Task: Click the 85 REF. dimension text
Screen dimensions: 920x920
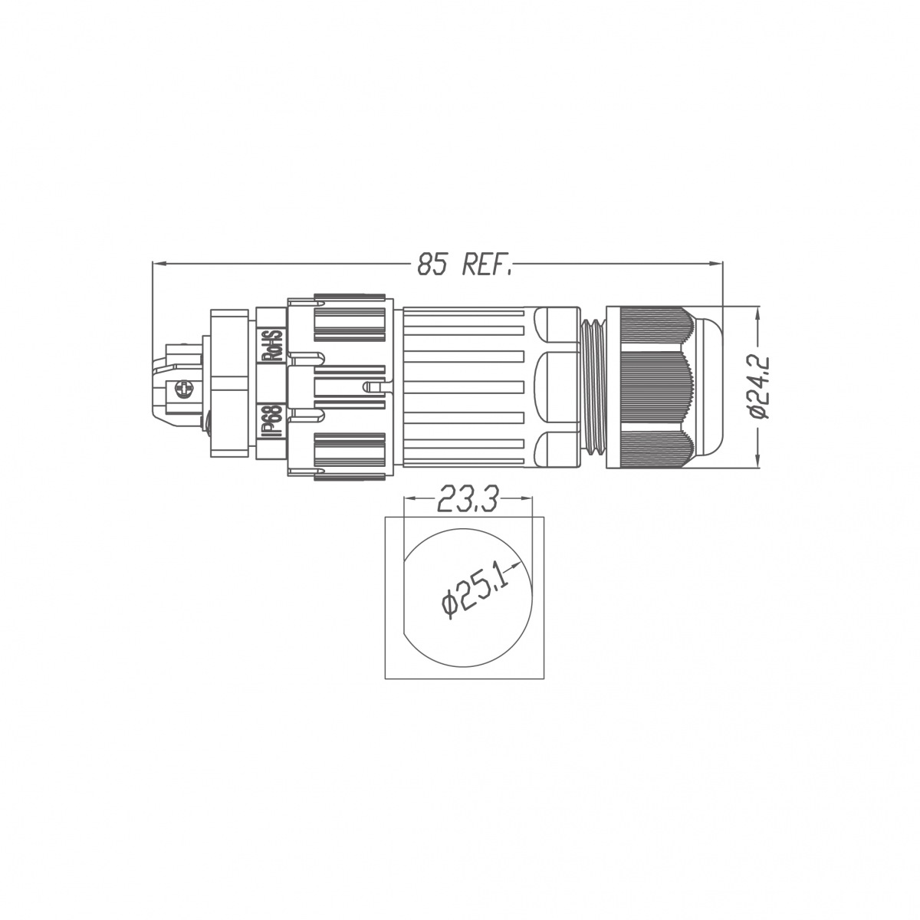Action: tap(464, 263)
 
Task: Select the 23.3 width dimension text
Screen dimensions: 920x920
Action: tap(468, 498)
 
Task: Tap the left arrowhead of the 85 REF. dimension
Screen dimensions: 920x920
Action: tap(159, 263)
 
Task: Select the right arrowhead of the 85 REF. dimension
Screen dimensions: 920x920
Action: tap(716, 263)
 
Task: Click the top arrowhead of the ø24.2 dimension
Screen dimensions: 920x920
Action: tap(759, 314)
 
